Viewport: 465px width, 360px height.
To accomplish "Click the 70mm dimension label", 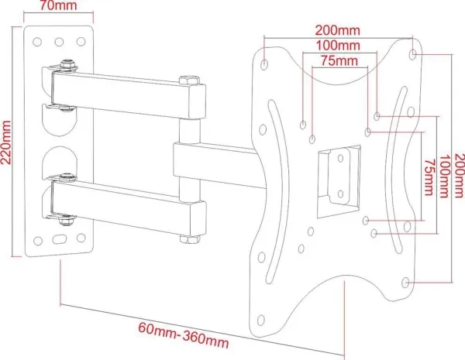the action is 58,5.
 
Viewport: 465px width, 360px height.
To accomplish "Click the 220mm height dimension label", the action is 6,142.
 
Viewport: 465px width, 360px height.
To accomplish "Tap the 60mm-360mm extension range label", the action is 183,334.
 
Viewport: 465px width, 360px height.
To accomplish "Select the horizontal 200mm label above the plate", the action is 337,30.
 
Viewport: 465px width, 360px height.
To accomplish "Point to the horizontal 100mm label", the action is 338,46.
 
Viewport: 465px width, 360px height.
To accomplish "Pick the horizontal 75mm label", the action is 339,60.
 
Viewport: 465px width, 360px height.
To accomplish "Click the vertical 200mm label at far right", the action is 459,175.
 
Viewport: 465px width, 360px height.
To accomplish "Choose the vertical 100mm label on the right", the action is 443,176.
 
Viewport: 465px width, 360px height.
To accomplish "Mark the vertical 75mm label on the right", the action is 429,177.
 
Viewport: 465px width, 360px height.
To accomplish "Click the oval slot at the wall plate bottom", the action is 60,238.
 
